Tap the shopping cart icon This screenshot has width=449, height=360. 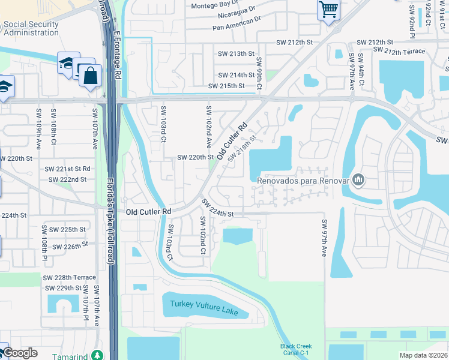328,9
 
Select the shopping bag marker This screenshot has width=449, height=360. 90,76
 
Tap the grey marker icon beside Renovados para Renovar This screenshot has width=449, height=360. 359,179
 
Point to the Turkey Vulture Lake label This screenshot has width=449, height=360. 205,308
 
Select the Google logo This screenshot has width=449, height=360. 20,353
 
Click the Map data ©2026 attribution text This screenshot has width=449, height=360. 423,355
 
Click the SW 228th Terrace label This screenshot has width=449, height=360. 69,277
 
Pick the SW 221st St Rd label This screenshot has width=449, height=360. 70,169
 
